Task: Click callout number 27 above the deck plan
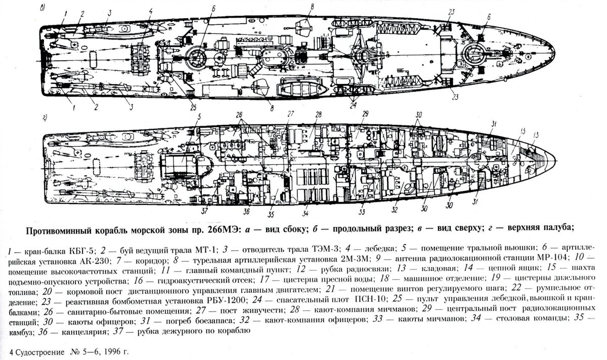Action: point(291,114)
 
